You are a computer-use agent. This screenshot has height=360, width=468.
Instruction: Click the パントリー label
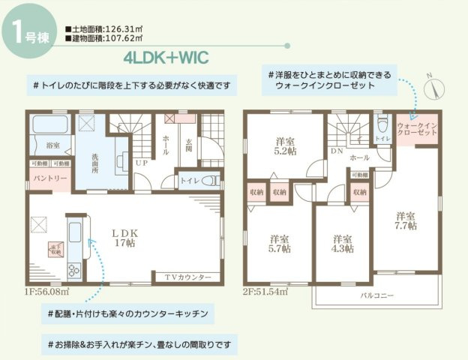coord(50,178)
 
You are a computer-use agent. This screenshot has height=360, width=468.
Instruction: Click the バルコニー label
coord(377,296)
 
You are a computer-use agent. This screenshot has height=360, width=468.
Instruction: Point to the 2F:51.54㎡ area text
coord(265,291)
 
